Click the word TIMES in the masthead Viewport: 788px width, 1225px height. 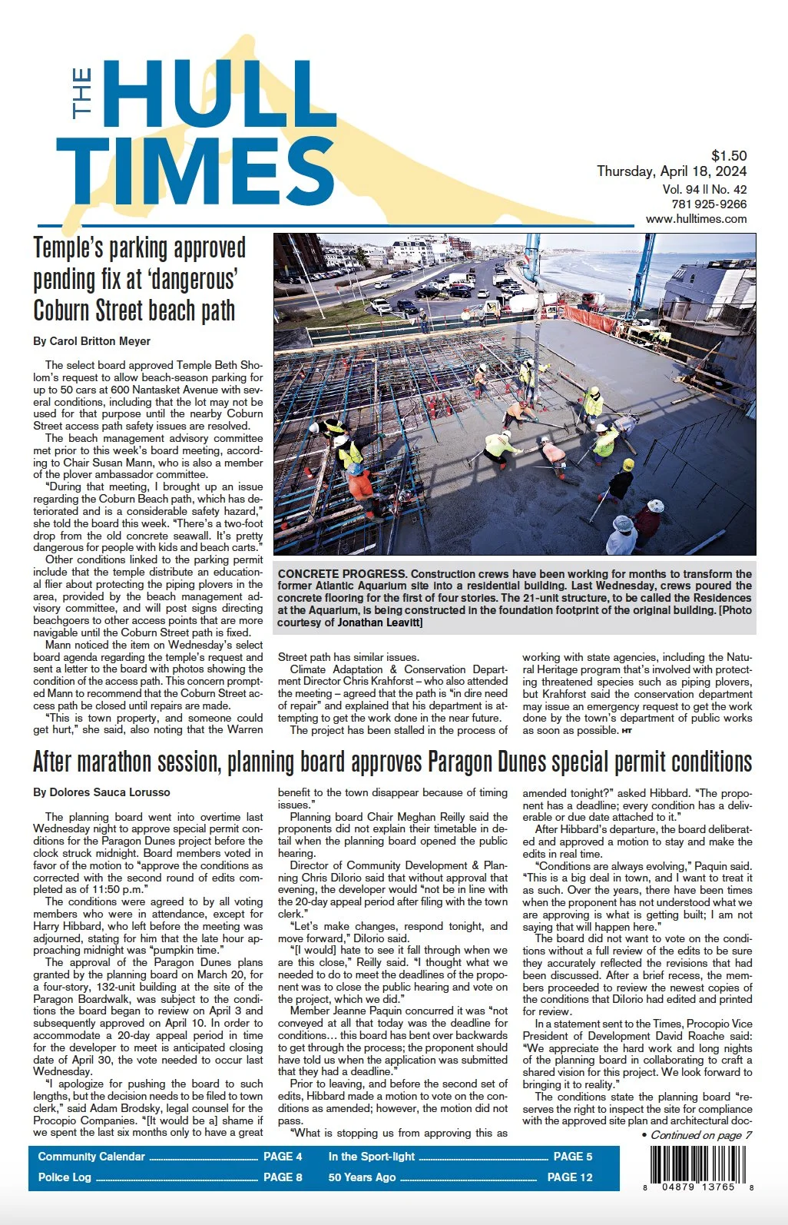[x=196, y=174]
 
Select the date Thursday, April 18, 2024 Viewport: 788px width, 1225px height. [x=671, y=171]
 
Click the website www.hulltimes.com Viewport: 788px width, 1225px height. [x=696, y=219]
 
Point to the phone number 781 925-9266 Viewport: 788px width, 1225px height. [x=708, y=204]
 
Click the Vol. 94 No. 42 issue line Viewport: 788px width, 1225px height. [x=704, y=189]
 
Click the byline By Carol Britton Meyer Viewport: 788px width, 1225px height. [x=91, y=341]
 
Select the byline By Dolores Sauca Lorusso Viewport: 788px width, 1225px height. [x=101, y=792]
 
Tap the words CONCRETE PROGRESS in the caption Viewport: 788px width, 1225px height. [x=342, y=574]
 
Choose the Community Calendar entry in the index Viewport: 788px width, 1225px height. [x=91, y=1157]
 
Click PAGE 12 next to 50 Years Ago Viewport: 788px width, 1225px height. [x=570, y=1177]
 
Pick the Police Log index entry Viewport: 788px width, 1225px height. [x=65, y=1177]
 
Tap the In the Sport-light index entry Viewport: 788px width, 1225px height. [x=371, y=1157]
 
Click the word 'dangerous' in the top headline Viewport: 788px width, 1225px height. [x=201, y=280]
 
